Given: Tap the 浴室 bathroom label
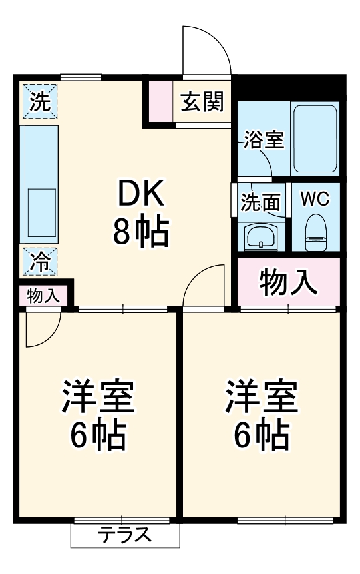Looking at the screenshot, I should click(x=263, y=141).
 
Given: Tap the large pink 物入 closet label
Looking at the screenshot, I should click(x=287, y=282).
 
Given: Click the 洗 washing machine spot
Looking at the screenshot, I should click(x=39, y=102).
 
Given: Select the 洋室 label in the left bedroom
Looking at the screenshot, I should click(x=98, y=398).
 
